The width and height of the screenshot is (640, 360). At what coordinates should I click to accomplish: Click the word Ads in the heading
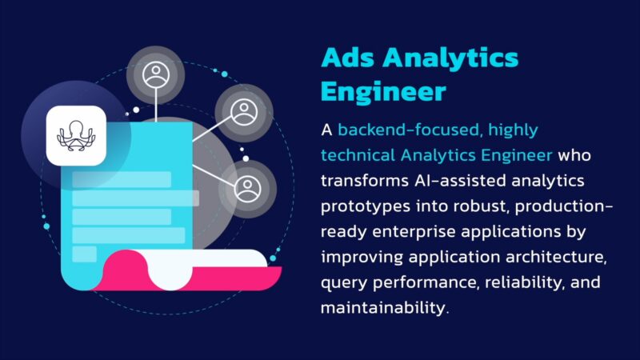click(348, 58)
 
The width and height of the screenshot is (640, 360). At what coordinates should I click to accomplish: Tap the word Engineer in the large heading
click(383, 92)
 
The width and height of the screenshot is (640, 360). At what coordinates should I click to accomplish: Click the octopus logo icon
click(76, 135)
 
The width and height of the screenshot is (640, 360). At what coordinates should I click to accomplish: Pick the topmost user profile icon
click(156, 74)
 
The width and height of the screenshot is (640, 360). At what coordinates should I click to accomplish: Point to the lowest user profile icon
click(247, 188)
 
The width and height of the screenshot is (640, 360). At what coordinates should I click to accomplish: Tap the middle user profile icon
click(244, 112)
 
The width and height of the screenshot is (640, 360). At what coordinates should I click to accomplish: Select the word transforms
click(365, 181)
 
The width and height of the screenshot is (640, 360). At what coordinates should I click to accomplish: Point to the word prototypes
click(366, 207)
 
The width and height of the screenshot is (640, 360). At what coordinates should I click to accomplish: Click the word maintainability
click(385, 307)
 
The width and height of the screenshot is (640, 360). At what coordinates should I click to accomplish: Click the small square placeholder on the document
click(85, 254)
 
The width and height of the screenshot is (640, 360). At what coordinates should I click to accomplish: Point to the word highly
click(513, 130)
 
